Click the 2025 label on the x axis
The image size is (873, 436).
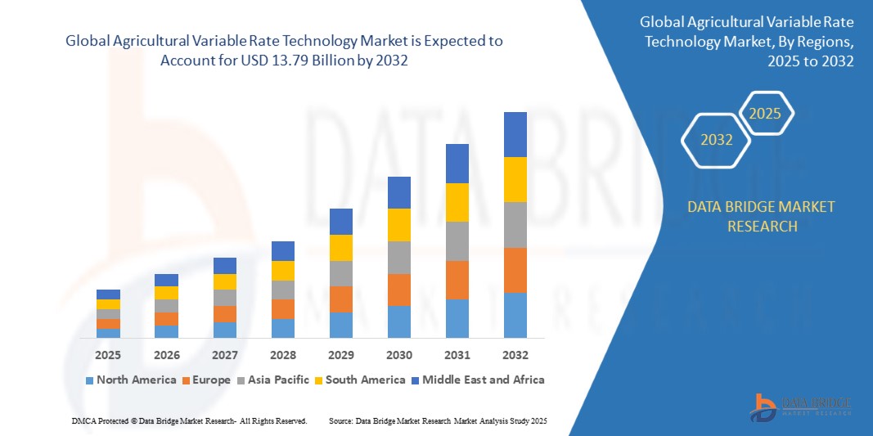pos(108,355)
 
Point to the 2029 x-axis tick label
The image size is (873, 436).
pos(340,355)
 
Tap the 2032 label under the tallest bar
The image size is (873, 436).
pos(515,355)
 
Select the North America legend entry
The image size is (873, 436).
pos(131,380)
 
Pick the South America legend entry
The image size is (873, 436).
pos(361,380)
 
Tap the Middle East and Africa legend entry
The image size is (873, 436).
pos(478,380)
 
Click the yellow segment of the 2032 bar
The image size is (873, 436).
pos(515,179)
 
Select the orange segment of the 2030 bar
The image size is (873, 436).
pos(398,290)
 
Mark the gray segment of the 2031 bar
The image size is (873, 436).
pos(457,240)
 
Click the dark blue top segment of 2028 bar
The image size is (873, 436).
pos(282,250)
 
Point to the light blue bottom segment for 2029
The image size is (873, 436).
pos(340,325)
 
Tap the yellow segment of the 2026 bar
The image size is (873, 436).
pos(166,292)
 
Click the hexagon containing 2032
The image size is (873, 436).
pos(717,140)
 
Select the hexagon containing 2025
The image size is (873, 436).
pos(765,114)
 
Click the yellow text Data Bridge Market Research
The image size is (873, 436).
pos(762,216)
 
